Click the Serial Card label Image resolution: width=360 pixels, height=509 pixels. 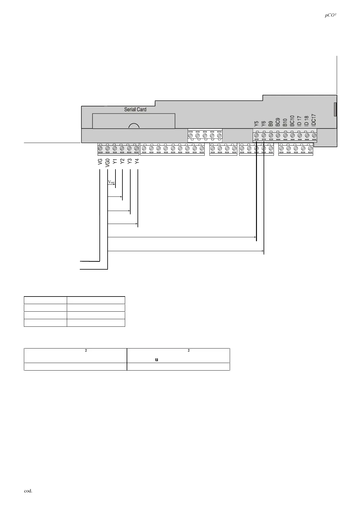point(135,109)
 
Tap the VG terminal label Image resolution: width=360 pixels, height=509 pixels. point(100,162)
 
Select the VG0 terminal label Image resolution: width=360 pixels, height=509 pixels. point(107,162)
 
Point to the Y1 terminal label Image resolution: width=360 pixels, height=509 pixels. point(115,161)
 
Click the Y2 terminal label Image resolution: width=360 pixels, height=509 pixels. point(122,161)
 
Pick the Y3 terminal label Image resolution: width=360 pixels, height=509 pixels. point(129,161)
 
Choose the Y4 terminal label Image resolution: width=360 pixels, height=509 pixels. point(137,161)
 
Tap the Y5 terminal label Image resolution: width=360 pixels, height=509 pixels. point(256,124)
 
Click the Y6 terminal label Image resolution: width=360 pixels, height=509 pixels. point(264,124)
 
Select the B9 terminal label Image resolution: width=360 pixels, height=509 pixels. point(271,124)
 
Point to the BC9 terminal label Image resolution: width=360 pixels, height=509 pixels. point(278,122)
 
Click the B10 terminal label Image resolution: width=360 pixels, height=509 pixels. point(285,122)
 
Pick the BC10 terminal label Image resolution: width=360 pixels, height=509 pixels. point(292,121)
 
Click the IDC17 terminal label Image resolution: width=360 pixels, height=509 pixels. point(314,120)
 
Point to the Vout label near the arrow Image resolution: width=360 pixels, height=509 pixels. point(111,182)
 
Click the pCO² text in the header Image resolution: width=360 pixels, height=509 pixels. point(331,16)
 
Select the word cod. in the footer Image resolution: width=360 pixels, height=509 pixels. point(28,491)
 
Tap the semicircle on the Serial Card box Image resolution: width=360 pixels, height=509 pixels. point(134,126)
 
